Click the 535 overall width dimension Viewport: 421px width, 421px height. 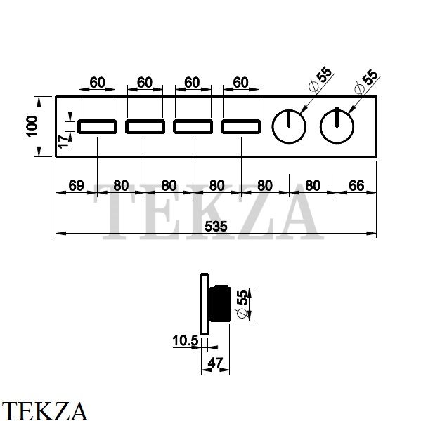coord(216,227)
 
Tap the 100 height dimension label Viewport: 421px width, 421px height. coord(32,126)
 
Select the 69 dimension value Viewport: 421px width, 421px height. coord(76,185)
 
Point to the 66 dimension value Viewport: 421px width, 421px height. coord(356,185)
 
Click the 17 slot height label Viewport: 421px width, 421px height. coord(64,142)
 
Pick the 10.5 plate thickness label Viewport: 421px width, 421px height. coord(185,341)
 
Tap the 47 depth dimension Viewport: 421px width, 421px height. coord(215,363)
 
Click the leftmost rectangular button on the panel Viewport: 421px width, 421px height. coord(98,127)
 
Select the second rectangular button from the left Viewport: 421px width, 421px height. coord(145,127)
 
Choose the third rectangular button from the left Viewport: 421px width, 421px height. coord(193,127)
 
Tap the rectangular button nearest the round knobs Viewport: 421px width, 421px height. coord(241,127)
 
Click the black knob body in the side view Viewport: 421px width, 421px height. coord(219,303)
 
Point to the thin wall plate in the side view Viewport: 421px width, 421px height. coord(205,305)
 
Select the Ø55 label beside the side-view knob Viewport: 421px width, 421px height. coord(242,304)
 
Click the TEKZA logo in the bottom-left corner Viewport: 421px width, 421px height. coord(44,411)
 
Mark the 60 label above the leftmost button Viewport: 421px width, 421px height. coord(97,82)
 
